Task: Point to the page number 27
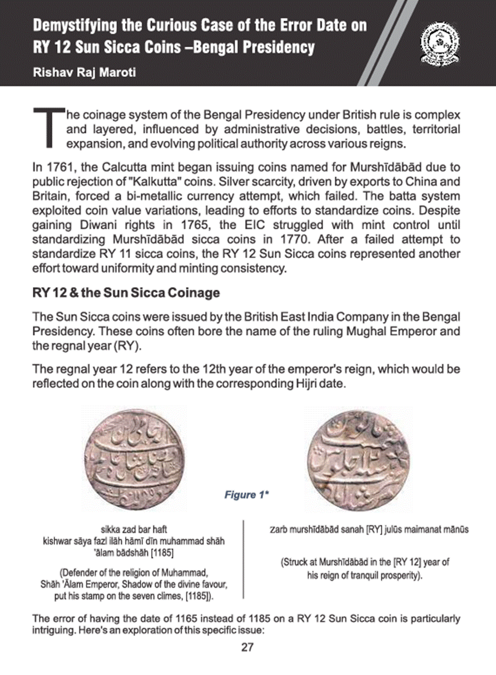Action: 247,647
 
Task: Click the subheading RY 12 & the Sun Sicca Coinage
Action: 126,292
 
